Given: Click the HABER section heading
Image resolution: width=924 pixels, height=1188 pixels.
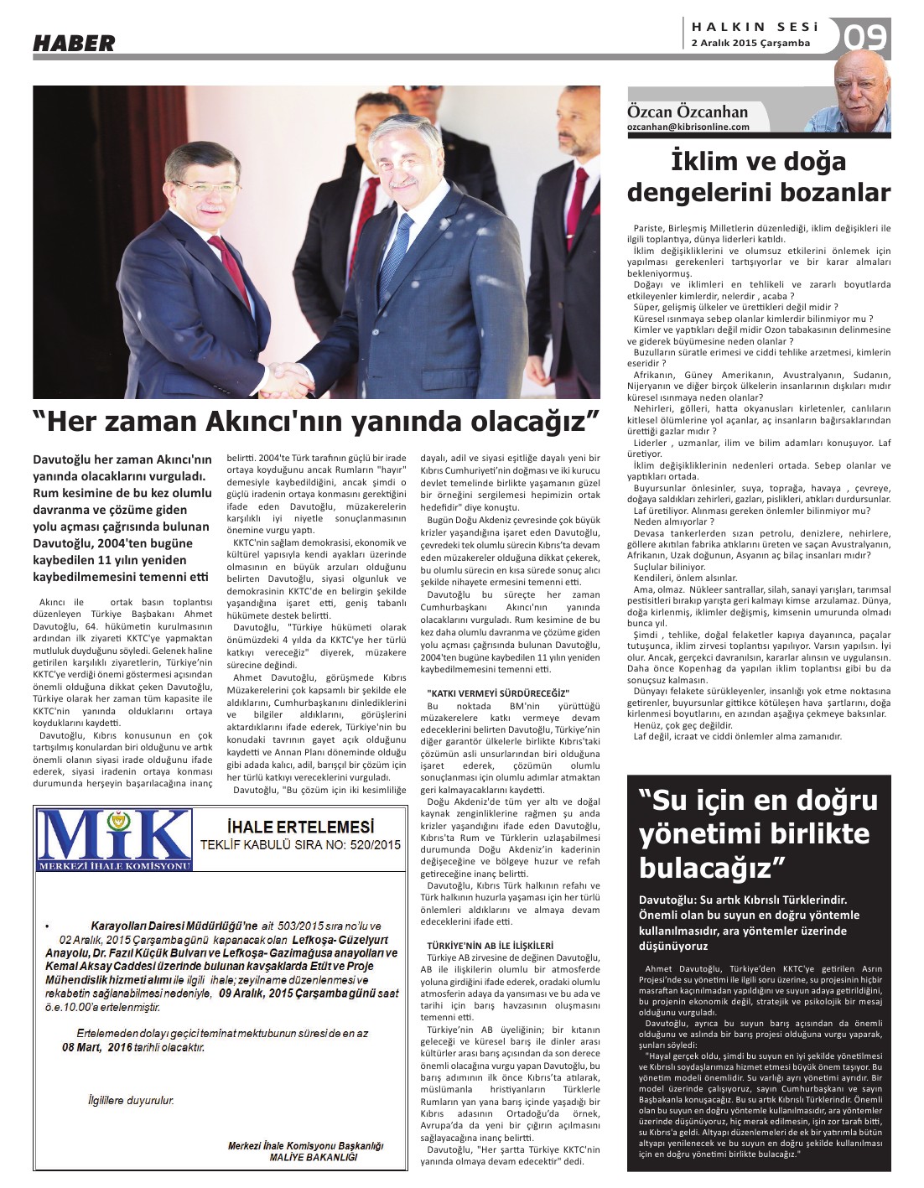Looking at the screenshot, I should tap(74, 44).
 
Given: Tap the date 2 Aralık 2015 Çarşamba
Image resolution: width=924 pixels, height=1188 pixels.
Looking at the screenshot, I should tap(750, 44).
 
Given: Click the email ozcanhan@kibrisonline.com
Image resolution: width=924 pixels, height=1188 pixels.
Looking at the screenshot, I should tap(688, 127).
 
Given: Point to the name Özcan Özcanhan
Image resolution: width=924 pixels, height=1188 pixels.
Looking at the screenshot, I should tap(687, 112).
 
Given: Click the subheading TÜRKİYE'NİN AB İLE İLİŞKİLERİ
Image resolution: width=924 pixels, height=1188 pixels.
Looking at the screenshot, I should tap(490, 944).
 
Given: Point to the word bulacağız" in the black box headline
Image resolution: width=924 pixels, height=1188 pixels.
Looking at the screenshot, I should tap(711, 865).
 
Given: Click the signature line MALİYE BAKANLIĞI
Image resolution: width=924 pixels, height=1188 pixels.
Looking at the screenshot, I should tap(313, 1157).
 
